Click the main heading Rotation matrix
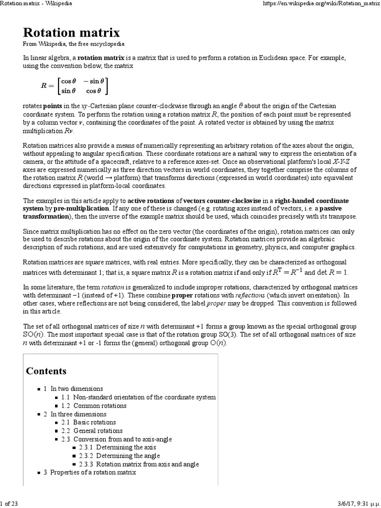click(71, 33)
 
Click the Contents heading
click(46, 371)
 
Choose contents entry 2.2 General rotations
click(92, 431)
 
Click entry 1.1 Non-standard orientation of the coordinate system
click(138, 397)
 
